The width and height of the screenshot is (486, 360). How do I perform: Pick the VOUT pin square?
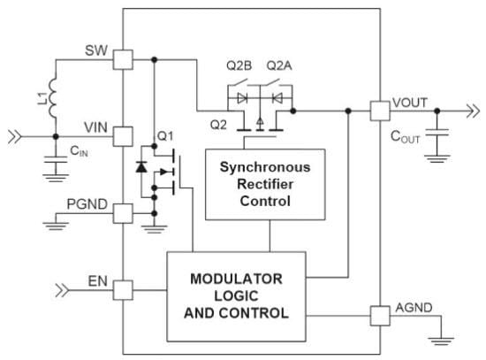coord(380,111)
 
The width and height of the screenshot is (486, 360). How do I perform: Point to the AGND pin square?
coord(380,313)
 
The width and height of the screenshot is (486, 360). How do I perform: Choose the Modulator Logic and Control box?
coord(236,295)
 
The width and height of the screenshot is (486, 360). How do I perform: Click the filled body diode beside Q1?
coord(142,166)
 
